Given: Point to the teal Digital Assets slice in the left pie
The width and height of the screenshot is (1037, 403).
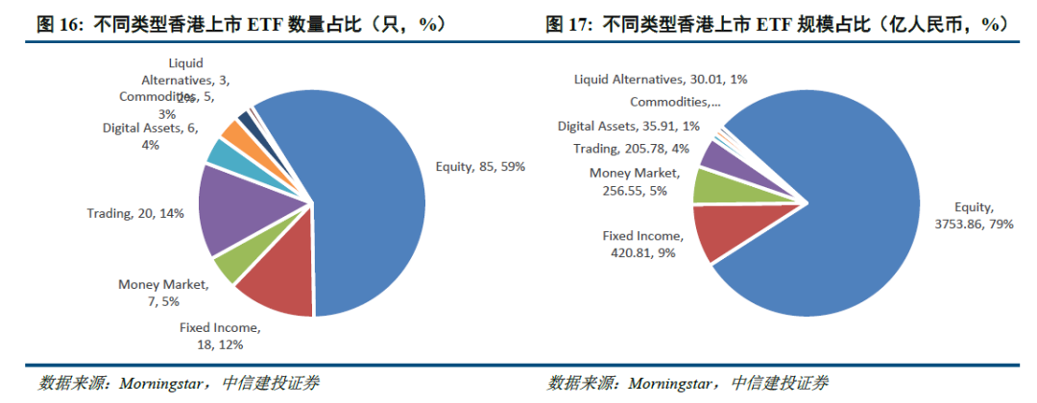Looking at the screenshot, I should point(220,153).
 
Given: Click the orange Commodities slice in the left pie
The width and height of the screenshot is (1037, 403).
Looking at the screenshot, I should point(232,132).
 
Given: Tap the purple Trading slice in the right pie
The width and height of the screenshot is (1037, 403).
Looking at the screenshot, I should point(716,155).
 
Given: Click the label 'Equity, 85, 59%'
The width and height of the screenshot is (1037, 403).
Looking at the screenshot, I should point(480,166).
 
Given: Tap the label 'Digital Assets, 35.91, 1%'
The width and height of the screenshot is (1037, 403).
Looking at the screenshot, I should point(629,125).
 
